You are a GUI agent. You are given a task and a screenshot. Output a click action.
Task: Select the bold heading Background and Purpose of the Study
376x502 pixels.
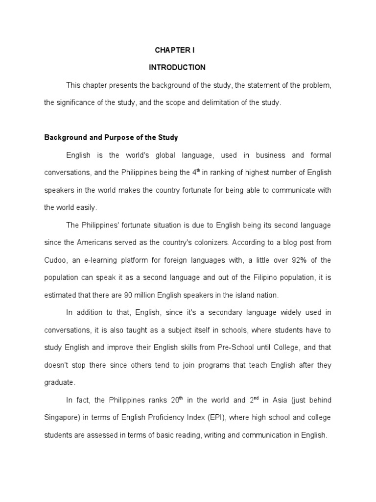point(111,138)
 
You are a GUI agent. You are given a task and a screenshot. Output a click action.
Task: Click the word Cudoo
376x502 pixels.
point(55,260)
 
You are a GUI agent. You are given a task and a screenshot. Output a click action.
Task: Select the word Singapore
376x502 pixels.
point(62,418)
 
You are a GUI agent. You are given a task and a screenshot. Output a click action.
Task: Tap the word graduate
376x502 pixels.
point(60,382)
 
